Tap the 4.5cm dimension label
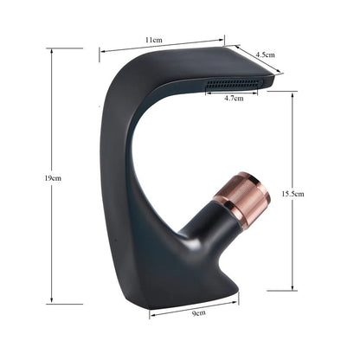point(264,54)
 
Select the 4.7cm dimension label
point(233,99)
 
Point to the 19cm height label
point(53,177)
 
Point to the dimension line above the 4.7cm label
point(232,90)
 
